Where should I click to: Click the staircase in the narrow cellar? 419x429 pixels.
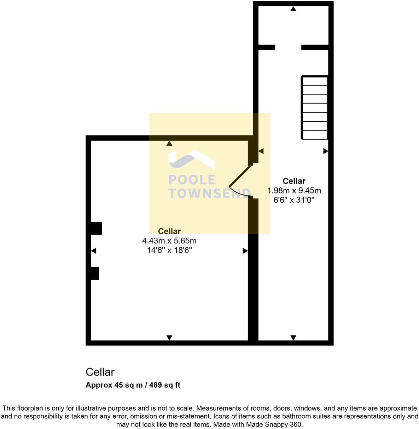point(315,108)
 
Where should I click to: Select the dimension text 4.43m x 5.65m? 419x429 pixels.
point(169,241)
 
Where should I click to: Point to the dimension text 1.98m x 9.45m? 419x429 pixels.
point(294,191)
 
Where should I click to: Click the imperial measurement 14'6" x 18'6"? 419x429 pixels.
point(169,250)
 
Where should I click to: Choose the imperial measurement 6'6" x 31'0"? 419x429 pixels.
point(294,200)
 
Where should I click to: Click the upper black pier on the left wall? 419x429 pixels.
point(96,228)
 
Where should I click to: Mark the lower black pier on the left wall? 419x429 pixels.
point(95,273)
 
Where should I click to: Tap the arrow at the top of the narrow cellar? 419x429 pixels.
point(293,9)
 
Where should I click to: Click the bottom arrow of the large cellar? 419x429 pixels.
point(169,338)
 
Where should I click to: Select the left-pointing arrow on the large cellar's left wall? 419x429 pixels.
point(93,251)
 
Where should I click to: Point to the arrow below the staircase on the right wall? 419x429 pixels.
point(326,151)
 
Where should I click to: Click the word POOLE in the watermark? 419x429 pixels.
point(192,180)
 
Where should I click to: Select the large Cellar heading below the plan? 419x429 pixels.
point(100,372)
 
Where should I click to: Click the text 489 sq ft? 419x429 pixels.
point(165,385)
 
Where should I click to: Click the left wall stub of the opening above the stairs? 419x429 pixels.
point(267,47)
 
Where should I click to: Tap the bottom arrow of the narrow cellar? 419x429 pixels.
point(293,338)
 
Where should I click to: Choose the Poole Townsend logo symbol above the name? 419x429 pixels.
point(191,159)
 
